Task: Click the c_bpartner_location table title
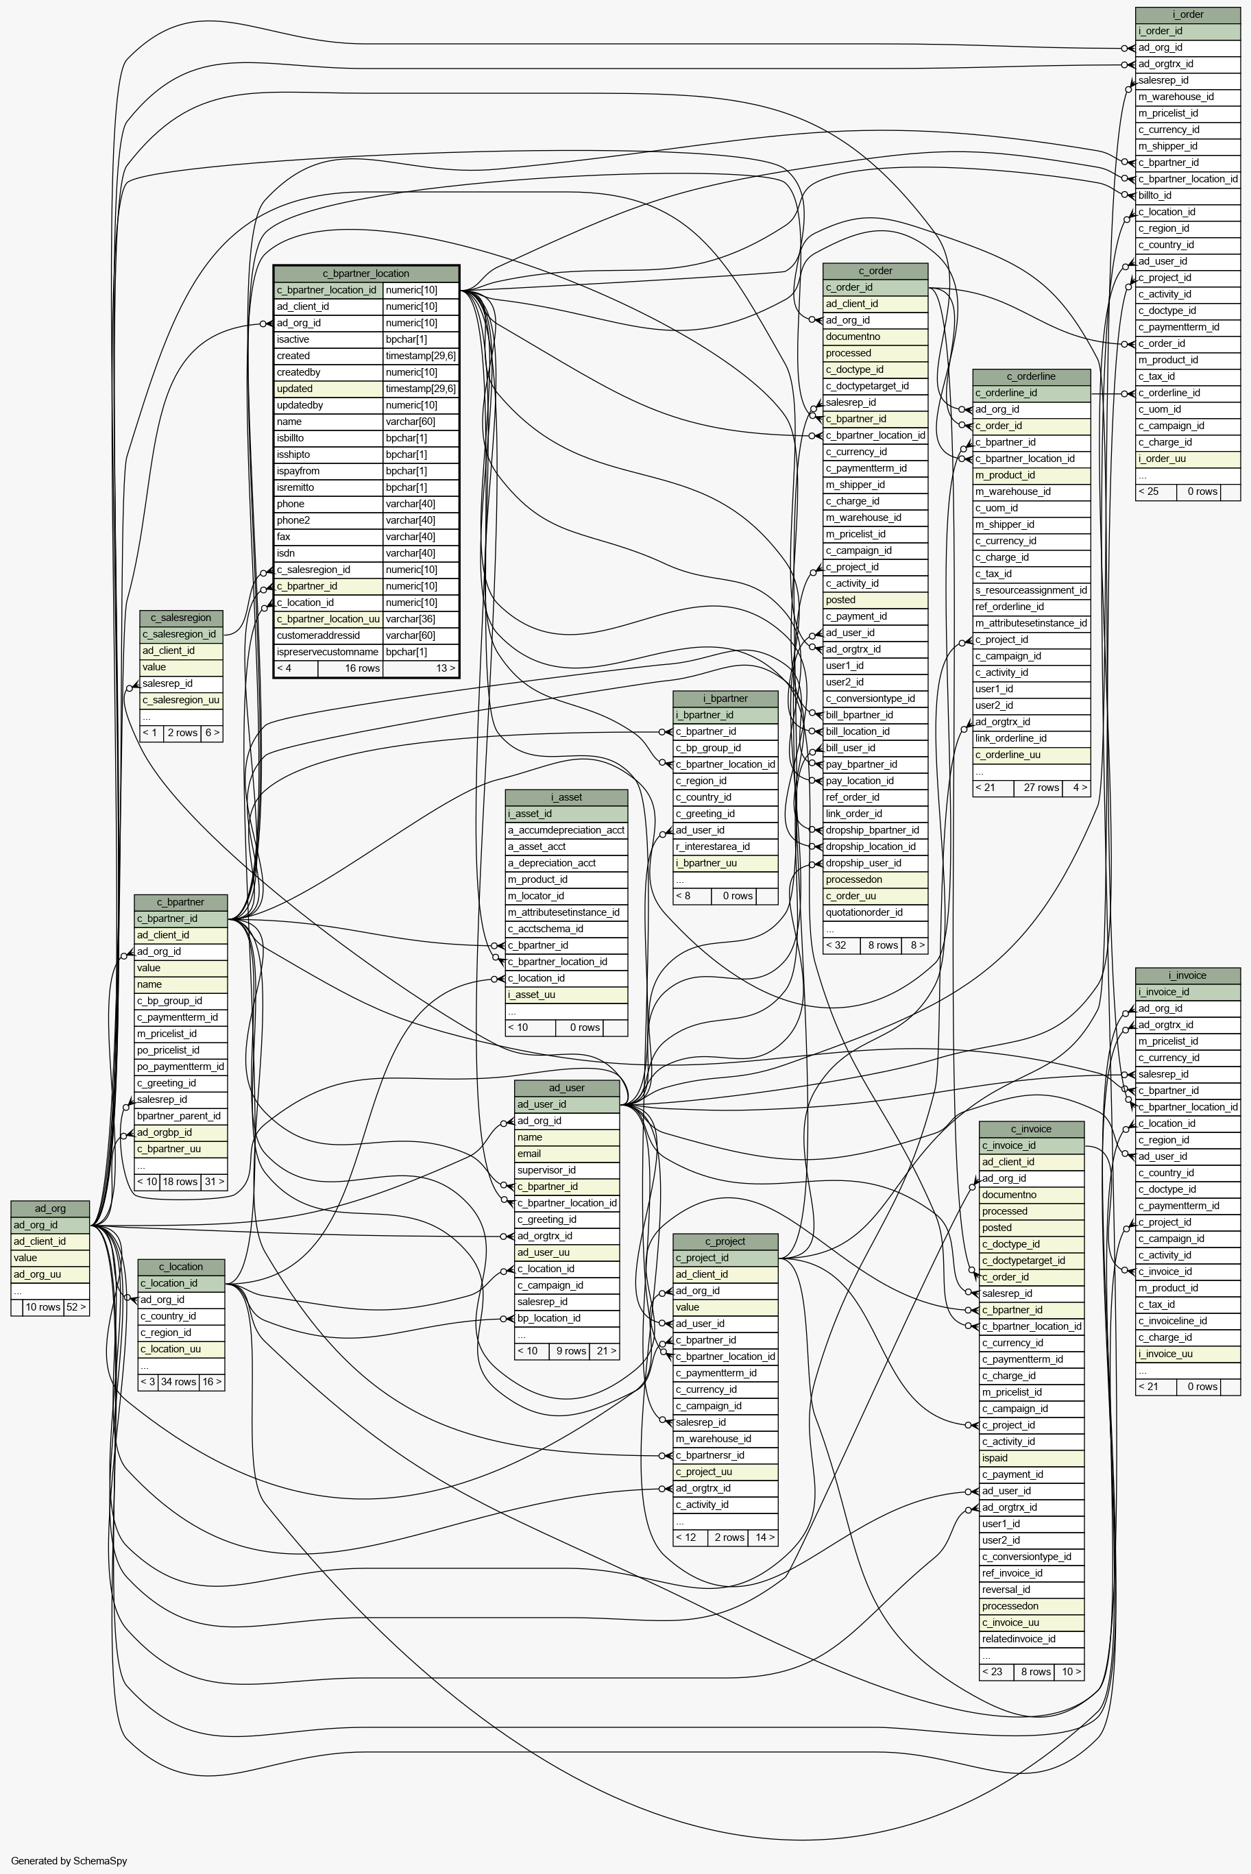point(366,273)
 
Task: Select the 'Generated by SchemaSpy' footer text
point(69,1860)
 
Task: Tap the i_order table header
point(1188,14)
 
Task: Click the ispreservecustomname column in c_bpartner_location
point(327,652)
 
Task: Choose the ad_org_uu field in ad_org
point(50,1274)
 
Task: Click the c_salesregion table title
point(181,618)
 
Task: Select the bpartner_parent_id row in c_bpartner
point(181,1115)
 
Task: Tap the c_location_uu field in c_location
point(181,1348)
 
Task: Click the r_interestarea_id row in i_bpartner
point(726,847)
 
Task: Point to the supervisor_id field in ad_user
point(568,1169)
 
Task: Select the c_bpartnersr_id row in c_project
point(726,1455)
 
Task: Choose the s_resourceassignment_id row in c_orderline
point(1032,590)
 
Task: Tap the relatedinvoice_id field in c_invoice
point(1032,1639)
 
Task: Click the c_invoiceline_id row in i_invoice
point(1188,1320)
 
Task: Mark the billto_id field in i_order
point(1188,195)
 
